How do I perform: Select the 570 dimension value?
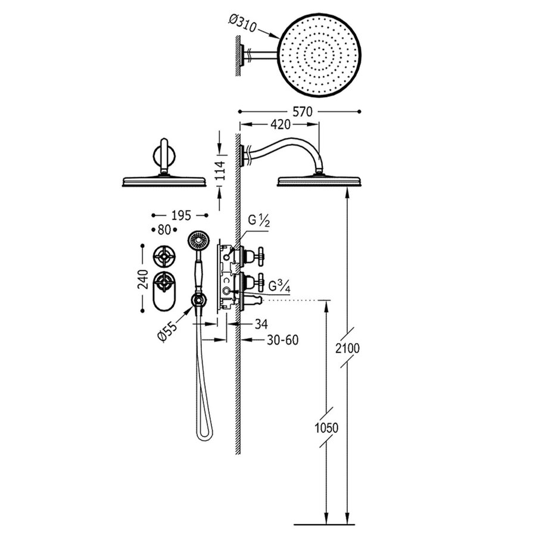click(x=299, y=111)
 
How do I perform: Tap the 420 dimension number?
click(x=280, y=124)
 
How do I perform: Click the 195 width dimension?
click(x=180, y=214)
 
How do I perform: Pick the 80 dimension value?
click(x=164, y=229)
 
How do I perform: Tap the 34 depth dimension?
click(x=261, y=325)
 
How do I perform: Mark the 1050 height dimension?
click(x=326, y=428)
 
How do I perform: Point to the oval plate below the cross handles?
click(x=163, y=295)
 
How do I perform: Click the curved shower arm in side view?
click(x=286, y=144)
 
